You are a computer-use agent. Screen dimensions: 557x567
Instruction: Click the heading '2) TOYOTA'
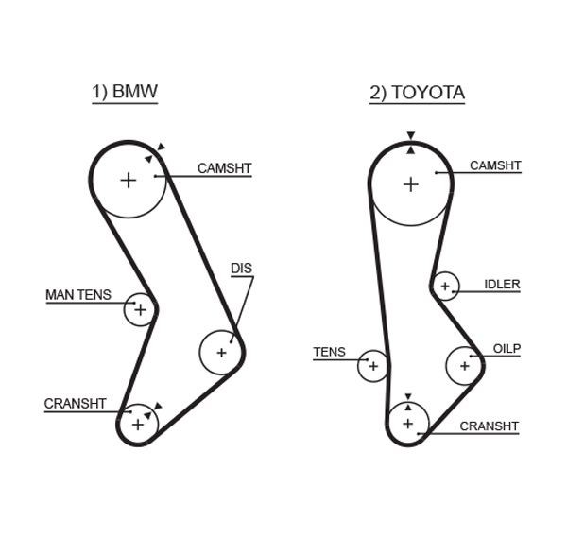pyautogui.click(x=417, y=93)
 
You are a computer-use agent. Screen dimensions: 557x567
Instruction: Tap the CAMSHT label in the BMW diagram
pyautogui.click(x=224, y=168)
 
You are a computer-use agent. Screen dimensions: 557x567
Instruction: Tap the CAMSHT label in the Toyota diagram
pyautogui.click(x=495, y=165)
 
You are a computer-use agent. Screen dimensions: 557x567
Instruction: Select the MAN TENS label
pyautogui.click(x=77, y=295)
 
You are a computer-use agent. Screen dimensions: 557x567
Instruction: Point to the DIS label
pyautogui.click(x=242, y=269)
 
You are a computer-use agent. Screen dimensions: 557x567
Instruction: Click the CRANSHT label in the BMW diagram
pyautogui.click(x=75, y=404)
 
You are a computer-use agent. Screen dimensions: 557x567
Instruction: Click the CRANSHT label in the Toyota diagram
pyautogui.click(x=489, y=426)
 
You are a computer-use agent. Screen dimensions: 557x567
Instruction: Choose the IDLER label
pyautogui.click(x=502, y=284)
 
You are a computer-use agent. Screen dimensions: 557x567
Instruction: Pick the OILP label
pyautogui.click(x=507, y=349)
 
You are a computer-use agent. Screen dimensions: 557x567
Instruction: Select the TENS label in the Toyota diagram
pyautogui.click(x=329, y=353)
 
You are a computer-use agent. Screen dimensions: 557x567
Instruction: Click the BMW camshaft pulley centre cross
pyautogui.click(x=128, y=180)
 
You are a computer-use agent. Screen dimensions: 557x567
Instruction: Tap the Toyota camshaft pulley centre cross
pyautogui.click(x=410, y=184)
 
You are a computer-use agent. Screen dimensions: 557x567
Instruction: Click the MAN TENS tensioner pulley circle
pyautogui.click(x=140, y=308)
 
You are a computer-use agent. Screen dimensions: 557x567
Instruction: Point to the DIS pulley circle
pyautogui.click(x=221, y=353)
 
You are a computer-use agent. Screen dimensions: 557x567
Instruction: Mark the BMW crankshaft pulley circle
pyautogui.click(x=139, y=423)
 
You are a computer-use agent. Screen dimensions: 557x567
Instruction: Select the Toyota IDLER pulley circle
pyautogui.click(x=445, y=286)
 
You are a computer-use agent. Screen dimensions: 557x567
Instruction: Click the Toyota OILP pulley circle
pyautogui.click(x=463, y=364)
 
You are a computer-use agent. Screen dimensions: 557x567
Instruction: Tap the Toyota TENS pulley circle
pyautogui.click(x=372, y=365)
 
